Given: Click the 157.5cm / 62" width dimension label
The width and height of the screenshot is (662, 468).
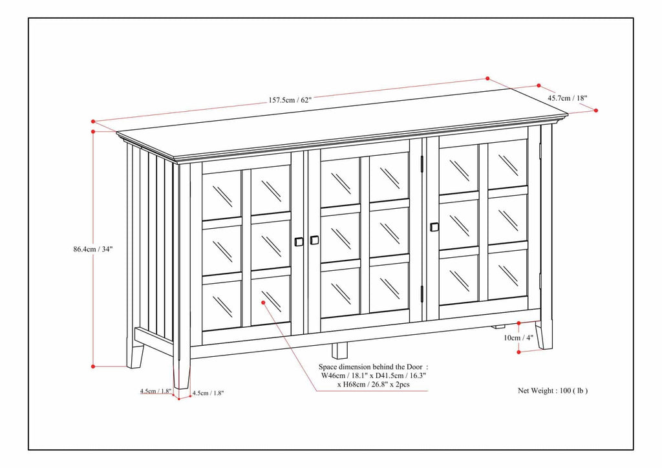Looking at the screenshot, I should point(290,100).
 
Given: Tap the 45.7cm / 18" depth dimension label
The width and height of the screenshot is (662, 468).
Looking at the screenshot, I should point(567,98).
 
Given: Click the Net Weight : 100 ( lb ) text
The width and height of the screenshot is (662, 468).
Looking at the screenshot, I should point(553,390).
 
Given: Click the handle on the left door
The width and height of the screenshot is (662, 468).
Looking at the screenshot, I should point(299,242).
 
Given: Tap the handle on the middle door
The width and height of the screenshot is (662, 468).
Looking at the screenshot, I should point(314,240).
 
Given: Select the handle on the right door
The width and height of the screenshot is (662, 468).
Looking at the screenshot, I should point(434,227).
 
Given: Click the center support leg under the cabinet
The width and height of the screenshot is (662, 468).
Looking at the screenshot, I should point(339,350).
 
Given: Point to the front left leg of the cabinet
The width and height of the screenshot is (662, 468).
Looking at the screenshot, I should point(182,373).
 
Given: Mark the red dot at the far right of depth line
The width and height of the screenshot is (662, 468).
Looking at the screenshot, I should point(595,111).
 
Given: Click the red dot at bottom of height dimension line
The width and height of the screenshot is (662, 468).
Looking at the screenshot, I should point(94,367).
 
